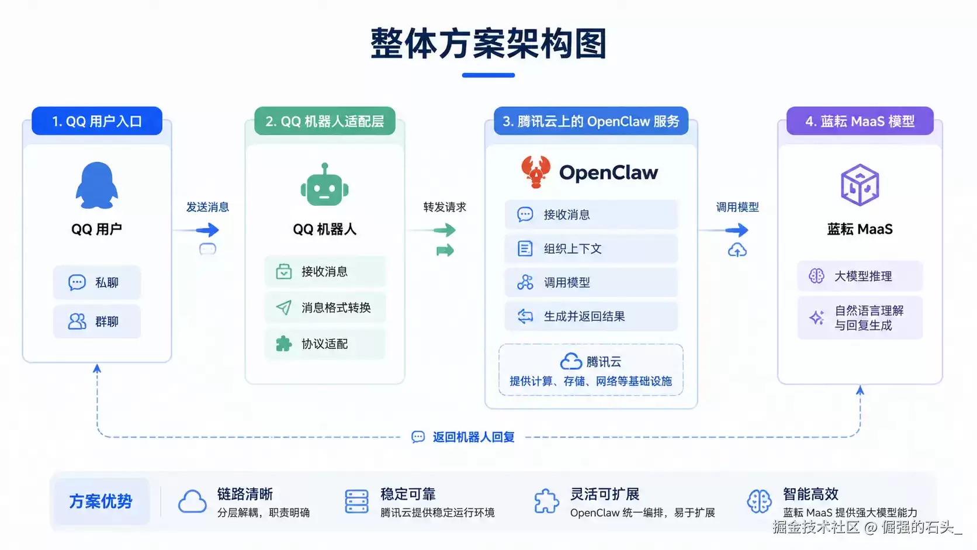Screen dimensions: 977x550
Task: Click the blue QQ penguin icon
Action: [x=96, y=186]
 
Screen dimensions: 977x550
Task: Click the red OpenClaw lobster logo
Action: [x=536, y=172]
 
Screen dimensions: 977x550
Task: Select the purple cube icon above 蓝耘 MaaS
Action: [x=860, y=185]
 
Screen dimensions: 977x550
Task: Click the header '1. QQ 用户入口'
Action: [x=97, y=121]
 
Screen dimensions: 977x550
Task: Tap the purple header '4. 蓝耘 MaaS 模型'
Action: [x=860, y=121]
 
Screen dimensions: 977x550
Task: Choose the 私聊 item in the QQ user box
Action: [x=97, y=282]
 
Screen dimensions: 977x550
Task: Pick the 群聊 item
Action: [x=97, y=321]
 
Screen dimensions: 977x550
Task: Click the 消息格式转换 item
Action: [x=325, y=307]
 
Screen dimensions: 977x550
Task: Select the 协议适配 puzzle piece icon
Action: [x=283, y=344]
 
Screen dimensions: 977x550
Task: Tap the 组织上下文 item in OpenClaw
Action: [x=591, y=248]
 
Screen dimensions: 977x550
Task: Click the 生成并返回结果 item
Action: [x=591, y=316]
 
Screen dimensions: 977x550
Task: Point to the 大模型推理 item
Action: [x=860, y=276]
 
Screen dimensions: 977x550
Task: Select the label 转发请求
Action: [x=445, y=207]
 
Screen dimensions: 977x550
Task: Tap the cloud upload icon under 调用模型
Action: [x=737, y=250]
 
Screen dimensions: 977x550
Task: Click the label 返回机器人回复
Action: [x=473, y=437]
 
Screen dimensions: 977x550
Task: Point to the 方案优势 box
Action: [x=101, y=501]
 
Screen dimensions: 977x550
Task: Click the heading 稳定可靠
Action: [x=408, y=494]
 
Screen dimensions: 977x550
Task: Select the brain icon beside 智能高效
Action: [x=760, y=501]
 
